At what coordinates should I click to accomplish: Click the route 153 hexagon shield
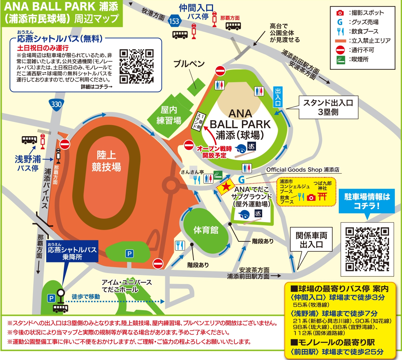click(174, 21)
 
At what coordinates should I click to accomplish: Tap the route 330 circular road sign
click(56, 104)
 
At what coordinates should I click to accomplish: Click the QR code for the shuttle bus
click(136, 67)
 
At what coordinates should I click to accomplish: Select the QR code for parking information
click(367, 249)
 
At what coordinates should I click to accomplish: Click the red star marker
click(226, 187)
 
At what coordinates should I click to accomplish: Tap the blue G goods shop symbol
click(242, 179)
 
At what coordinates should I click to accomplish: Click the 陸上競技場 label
click(106, 161)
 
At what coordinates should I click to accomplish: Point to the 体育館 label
click(206, 230)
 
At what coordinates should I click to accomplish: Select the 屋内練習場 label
click(169, 115)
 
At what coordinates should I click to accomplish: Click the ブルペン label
click(189, 64)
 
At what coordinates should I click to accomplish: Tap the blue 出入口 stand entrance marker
click(278, 97)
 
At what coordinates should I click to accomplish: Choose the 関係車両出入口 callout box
click(311, 240)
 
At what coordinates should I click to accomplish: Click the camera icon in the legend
click(340, 13)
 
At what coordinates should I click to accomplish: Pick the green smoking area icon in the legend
click(340, 59)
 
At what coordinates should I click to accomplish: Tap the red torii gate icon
click(322, 196)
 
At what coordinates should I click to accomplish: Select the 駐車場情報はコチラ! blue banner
click(367, 201)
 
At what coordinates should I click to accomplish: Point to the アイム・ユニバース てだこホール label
click(126, 286)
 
